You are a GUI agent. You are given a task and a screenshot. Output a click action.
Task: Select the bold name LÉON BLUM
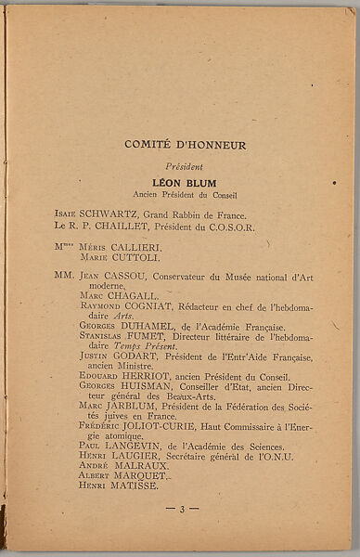click(x=185, y=183)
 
